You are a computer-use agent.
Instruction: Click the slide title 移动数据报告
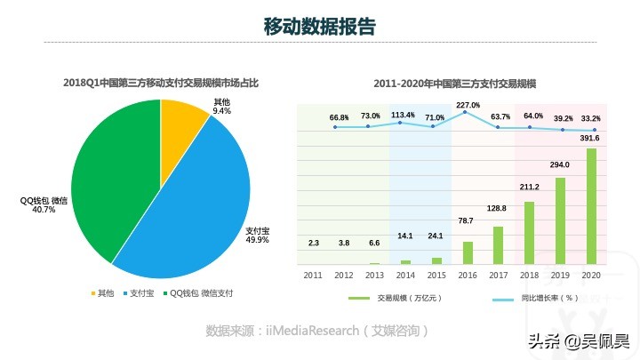319,27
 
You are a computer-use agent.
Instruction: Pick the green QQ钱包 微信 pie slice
111,178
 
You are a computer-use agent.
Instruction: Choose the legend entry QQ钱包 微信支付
198,292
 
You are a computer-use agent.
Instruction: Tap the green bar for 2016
468,253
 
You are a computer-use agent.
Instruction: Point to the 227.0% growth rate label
468,106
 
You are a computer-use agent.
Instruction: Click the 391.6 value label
590,139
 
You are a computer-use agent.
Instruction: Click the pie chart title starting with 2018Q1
161,83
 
